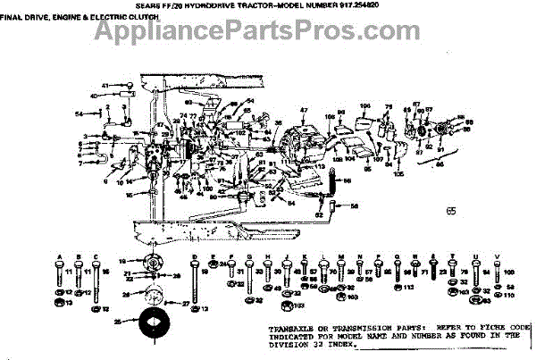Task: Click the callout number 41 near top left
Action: tap(104, 86)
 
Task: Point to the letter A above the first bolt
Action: tap(58, 256)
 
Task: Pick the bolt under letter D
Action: tap(195, 281)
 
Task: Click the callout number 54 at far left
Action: tap(78, 114)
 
